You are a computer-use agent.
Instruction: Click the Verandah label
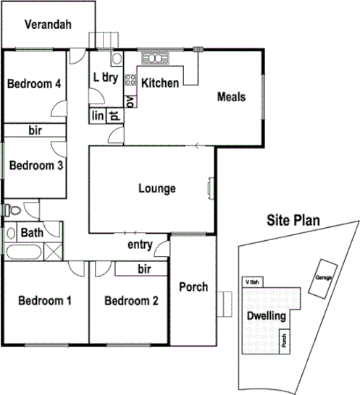pyautogui.click(x=48, y=25)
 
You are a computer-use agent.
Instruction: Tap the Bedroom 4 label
pyautogui.click(x=33, y=84)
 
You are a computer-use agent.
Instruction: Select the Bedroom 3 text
pyautogui.click(x=35, y=165)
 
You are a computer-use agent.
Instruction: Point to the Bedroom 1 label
pyautogui.click(x=45, y=301)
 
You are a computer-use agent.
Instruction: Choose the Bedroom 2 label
pyautogui.click(x=130, y=301)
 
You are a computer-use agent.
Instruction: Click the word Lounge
pyautogui.click(x=156, y=189)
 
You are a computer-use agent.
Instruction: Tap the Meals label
pyautogui.click(x=232, y=97)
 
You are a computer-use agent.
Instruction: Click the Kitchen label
pyautogui.click(x=159, y=83)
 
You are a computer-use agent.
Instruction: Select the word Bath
pyautogui.click(x=32, y=233)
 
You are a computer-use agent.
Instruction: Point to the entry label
pyautogui.click(x=140, y=245)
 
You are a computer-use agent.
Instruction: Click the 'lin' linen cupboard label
pyautogui.click(x=98, y=115)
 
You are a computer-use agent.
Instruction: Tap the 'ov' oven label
pyautogui.click(x=130, y=101)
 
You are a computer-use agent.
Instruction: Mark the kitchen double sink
pyautogui.click(x=154, y=57)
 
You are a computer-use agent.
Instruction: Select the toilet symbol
pyautogui.click(x=9, y=210)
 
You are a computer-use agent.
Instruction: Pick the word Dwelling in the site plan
pyautogui.click(x=267, y=316)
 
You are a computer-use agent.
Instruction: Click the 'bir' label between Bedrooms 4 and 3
pyautogui.click(x=35, y=131)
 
